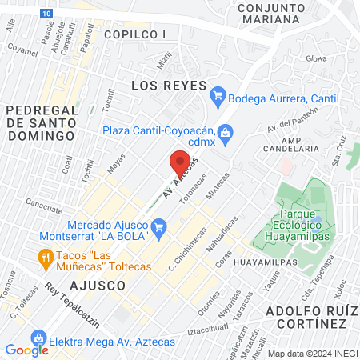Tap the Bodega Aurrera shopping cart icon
click(x=217, y=98)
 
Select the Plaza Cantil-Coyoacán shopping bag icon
click(x=226, y=131)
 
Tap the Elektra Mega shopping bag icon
click(x=37, y=338)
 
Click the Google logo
click(x=26, y=350)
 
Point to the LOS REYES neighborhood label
click(x=169, y=86)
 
